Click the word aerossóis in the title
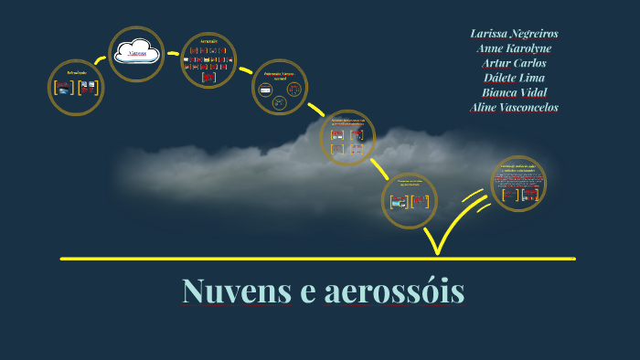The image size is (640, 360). (x=394, y=291)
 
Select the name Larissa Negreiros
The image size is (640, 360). (x=514, y=34)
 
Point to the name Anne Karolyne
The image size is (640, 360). (x=514, y=48)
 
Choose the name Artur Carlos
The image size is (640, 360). (x=514, y=63)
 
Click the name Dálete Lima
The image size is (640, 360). (x=514, y=78)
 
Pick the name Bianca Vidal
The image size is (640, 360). (x=514, y=92)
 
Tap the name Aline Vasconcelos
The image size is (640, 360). (x=514, y=107)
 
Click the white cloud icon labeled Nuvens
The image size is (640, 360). (x=137, y=53)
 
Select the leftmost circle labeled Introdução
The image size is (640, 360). (x=76, y=88)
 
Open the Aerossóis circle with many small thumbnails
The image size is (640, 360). (x=208, y=61)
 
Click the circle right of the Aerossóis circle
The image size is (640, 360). (x=280, y=88)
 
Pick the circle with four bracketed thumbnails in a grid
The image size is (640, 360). (x=347, y=138)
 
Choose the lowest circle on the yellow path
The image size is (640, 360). (x=409, y=200)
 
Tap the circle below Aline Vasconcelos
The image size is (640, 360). (x=518, y=184)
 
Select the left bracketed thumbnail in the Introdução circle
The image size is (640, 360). (x=63, y=89)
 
